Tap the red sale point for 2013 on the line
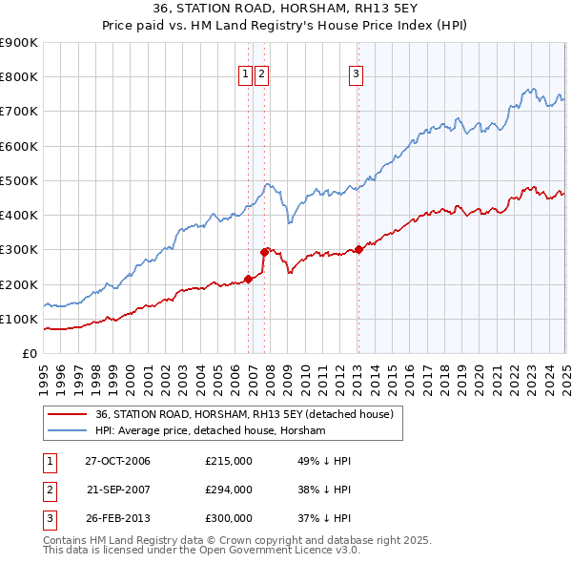[x=358, y=250]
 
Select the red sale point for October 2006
[x=248, y=279]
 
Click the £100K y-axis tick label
[x=21, y=319]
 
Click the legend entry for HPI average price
[x=211, y=431]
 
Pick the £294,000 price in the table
[x=229, y=490]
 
